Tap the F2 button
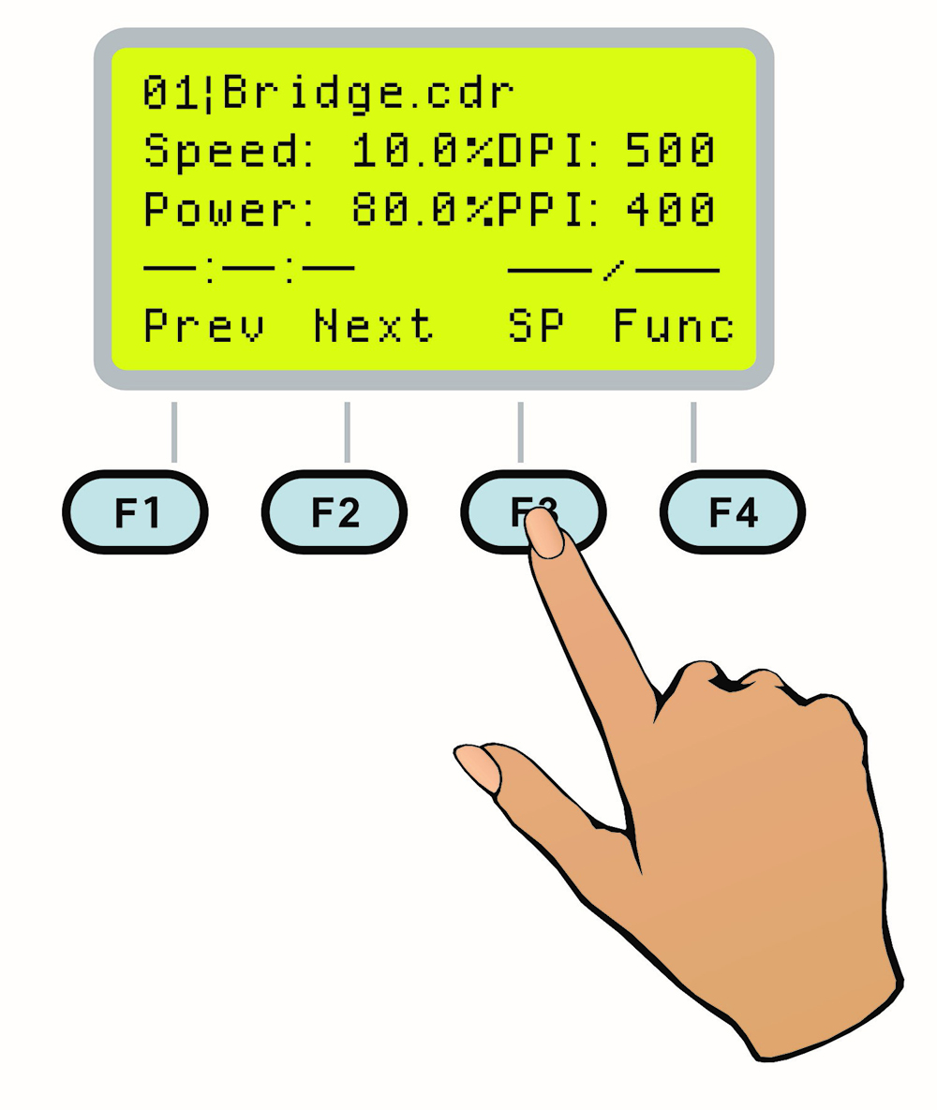click(x=335, y=512)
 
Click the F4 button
click(x=733, y=512)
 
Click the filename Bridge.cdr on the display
click(x=368, y=96)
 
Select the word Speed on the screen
click(x=221, y=152)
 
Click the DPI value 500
click(x=671, y=152)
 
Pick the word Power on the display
click(x=221, y=210)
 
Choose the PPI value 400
click(x=671, y=210)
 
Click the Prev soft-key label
click(x=203, y=327)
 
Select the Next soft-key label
click(x=374, y=327)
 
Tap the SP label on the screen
click(x=536, y=327)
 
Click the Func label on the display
click(x=674, y=327)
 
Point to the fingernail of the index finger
click(x=543, y=536)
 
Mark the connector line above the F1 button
click(x=174, y=432)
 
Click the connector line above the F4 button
click(x=693, y=432)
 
